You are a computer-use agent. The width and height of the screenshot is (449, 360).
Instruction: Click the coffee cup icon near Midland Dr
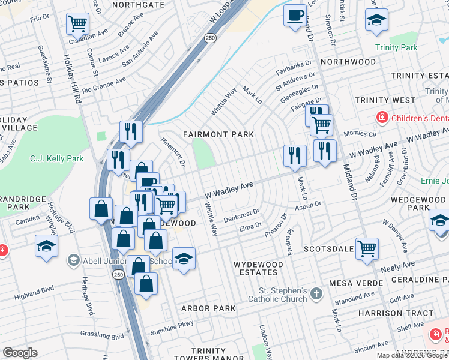295,16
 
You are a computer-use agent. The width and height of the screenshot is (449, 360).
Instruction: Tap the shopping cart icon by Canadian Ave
77,24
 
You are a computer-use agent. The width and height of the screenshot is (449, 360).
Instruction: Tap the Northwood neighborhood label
348,62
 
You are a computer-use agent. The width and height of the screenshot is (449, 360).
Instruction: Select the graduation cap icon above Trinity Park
376,21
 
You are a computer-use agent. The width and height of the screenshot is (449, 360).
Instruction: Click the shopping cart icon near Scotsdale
367,248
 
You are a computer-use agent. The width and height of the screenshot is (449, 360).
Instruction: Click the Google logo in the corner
20,353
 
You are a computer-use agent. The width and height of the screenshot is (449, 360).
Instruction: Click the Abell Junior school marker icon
73,260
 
